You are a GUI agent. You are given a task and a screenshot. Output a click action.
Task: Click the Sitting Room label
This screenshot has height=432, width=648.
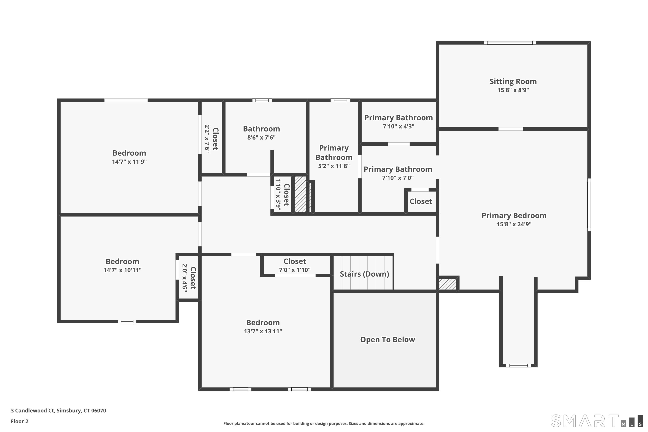tap(513, 82)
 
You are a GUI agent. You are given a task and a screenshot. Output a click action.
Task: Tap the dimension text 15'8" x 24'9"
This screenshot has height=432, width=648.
tap(514, 224)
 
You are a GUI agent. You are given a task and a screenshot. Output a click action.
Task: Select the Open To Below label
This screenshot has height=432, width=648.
tap(387, 340)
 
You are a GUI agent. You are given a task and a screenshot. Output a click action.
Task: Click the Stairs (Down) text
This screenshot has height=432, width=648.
tap(364, 274)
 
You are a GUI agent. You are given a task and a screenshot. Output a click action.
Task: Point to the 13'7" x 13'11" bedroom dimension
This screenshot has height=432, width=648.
tap(263, 331)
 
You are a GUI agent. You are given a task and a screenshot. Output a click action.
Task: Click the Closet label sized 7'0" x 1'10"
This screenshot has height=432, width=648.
tap(295, 261)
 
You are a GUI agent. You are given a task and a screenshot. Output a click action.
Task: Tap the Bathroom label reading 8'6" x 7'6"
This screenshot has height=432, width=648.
tap(261, 129)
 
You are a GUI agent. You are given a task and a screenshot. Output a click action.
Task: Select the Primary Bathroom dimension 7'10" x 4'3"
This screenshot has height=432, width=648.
tap(398, 126)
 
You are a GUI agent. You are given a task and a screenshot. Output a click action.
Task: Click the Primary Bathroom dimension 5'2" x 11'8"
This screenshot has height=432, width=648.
tap(334, 166)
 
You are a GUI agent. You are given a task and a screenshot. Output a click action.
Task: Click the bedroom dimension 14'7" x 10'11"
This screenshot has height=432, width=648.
tap(122, 270)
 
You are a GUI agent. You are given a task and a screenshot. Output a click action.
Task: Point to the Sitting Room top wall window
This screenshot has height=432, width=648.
tap(510, 43)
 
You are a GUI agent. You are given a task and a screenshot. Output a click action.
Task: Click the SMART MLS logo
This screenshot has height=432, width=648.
tap(596, 421)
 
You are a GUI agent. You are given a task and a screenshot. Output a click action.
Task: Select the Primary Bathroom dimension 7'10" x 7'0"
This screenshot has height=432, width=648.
tap(398, 178)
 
